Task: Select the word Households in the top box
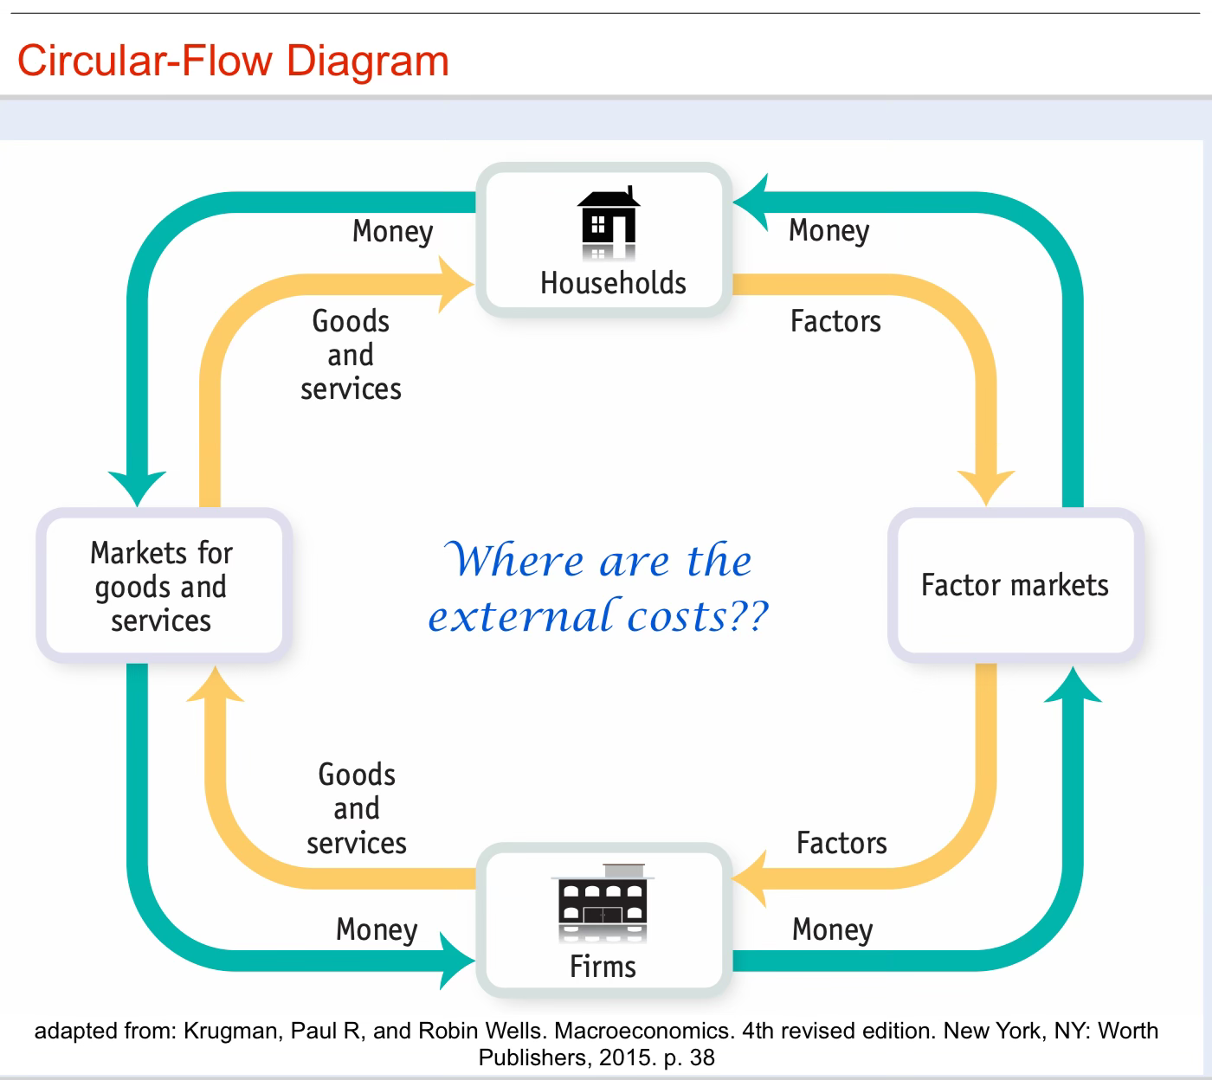(x=613, y=283)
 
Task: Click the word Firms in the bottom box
(x=603, y=966)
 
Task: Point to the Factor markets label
(x=1015, y=585)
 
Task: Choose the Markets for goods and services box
(x=163, y=586)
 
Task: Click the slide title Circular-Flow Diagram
(x=233, y=61)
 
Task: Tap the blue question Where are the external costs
(x=598, y=588)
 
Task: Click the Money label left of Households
(x=392, y=231)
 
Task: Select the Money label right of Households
(x=828, y=230)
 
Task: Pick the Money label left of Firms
(x=377, y=929)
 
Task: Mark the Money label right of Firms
(x=832, y=929)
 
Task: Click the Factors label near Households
(x=835, y=321)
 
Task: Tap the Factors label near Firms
(x=841, y=843)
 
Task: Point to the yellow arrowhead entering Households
(x=456, y=283)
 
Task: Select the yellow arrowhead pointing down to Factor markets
(x=986, y=486)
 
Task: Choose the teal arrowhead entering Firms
(x=456, y=960)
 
